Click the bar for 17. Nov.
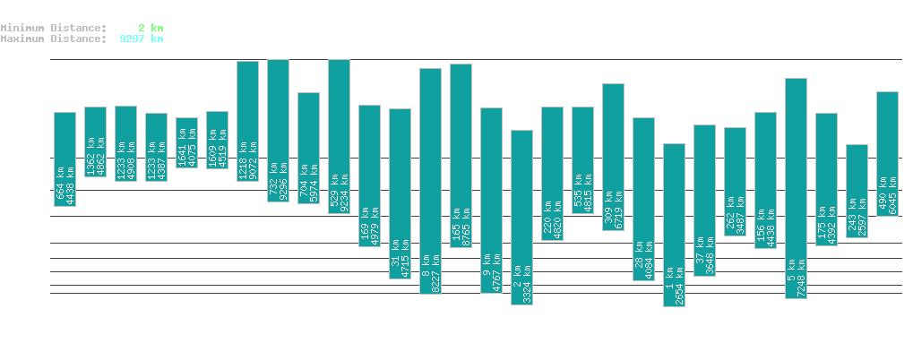[278, 131]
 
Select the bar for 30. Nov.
[674, 225]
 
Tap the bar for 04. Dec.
[796, 188]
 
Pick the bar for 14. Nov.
[186, 143]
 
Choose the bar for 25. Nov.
[521, 218]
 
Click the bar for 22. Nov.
[430, 181]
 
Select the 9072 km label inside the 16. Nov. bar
[254, 159]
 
